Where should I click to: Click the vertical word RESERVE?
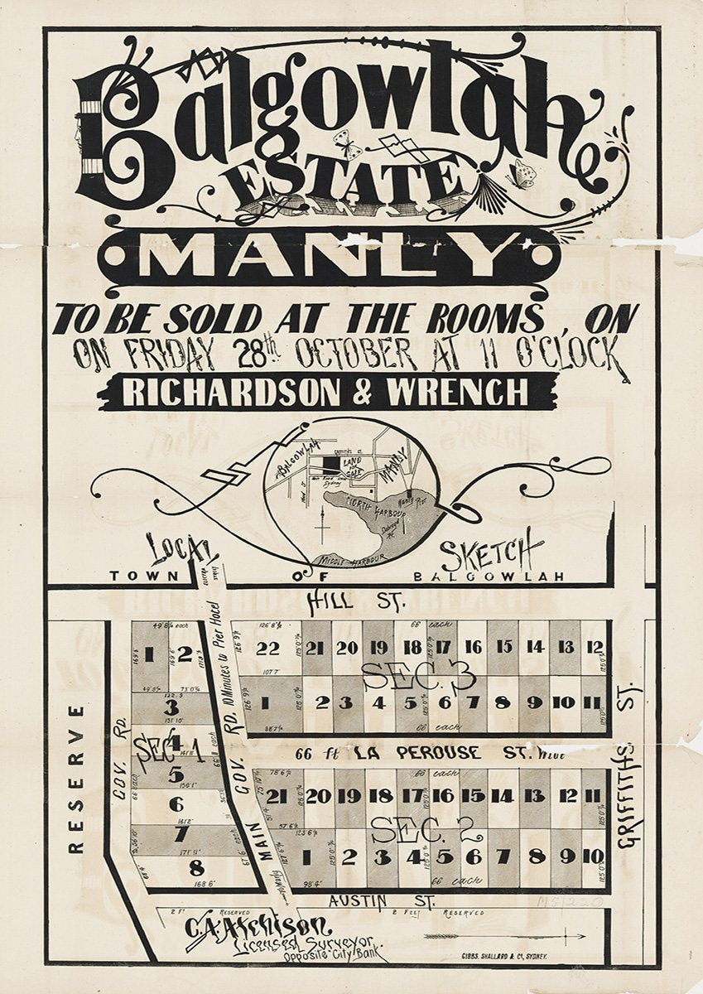click(76, 779)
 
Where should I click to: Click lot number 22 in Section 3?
click(267, 649)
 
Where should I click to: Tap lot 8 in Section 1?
click(196, 869)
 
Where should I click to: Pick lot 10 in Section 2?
click(593, 856)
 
